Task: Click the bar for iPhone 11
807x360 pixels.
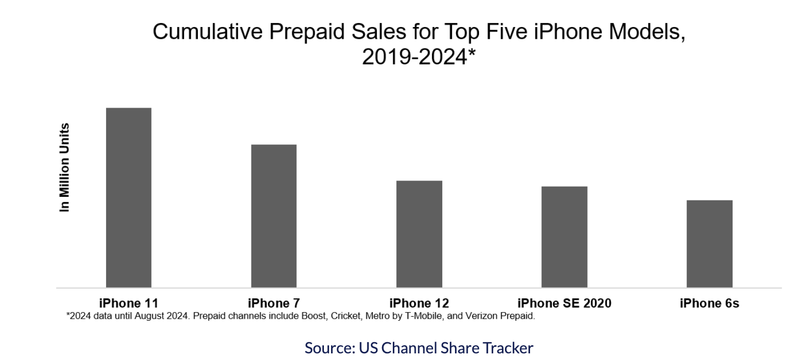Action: click(129, 198)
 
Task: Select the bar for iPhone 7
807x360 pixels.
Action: click(273, 216)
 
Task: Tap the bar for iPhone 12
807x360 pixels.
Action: click(419, 234)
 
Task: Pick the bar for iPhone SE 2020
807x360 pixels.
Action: click(564, 237)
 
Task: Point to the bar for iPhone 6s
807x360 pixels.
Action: click(709, 244)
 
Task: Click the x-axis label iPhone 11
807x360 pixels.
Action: click(129, 303)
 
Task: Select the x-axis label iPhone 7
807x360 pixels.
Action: click(273, 303)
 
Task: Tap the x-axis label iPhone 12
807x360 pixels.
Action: click(419, 303)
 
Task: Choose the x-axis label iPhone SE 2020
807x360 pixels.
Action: click(564, 303)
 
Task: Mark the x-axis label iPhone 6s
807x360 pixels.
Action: click(709, 303)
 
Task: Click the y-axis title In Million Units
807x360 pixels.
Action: click(64, 167)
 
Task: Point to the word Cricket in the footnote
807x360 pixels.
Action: click(345, 316)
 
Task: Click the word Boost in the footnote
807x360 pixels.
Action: click(313, 316)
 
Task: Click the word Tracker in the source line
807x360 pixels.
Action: click(508, 348)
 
